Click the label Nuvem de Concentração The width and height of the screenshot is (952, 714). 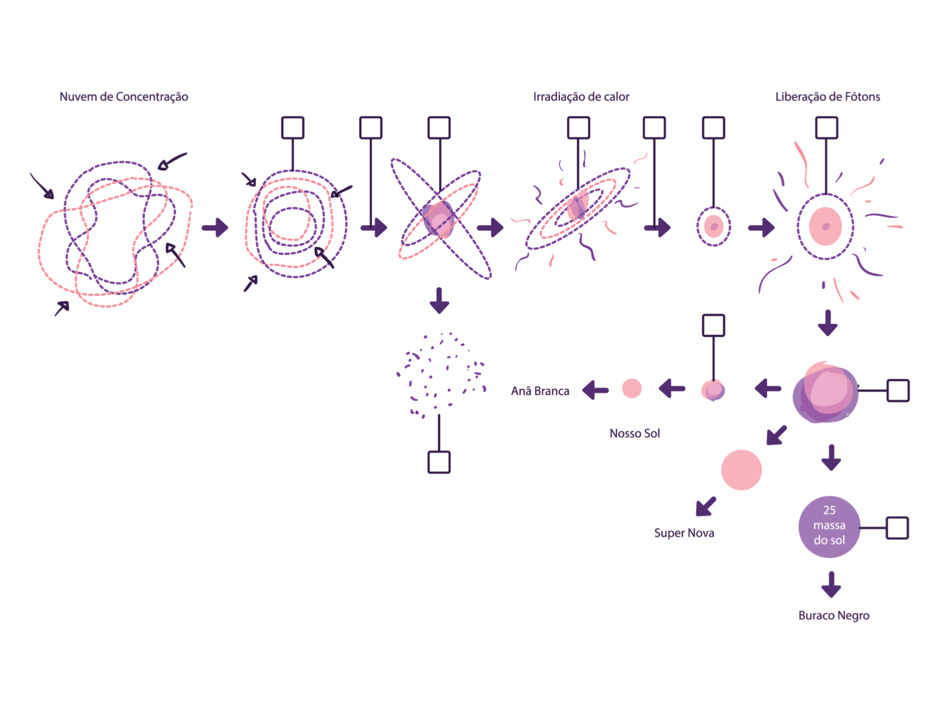click(x=124, y=96)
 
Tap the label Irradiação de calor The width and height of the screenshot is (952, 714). click(x=581, y=96)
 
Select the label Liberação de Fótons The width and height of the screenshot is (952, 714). click(x=827, y=96)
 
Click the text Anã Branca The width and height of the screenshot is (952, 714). click(x=540, y=391)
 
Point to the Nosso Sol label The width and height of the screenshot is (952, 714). click(x=634, y=433)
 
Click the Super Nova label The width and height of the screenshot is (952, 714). click(x=684, y=533)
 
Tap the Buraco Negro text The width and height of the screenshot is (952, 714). click(x=834, y=615)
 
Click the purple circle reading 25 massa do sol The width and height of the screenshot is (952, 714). click(x=829, y=527)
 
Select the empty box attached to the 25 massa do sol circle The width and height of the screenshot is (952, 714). click(x=897, y=528)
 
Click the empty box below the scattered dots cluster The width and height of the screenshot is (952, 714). click(x=439, y=462)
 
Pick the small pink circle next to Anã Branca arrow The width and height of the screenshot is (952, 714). click(x=631, y=389)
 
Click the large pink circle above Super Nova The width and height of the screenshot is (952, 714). click(x=741, y=469)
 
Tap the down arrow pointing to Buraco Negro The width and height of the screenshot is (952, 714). click(x=831, y=585)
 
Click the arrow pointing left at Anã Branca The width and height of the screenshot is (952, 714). click(x=596, y=390)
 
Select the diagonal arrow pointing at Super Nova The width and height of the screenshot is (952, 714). click(x=706, y=506)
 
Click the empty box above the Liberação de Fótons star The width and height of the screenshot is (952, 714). click(x=826, y=128)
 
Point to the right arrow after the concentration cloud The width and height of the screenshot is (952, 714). click(x=215, y=227)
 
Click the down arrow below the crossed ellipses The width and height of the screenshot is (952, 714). click(x=439, y=300)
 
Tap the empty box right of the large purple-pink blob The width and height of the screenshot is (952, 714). click(x=898, y=391)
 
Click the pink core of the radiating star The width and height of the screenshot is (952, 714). click(x=825, y=226)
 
